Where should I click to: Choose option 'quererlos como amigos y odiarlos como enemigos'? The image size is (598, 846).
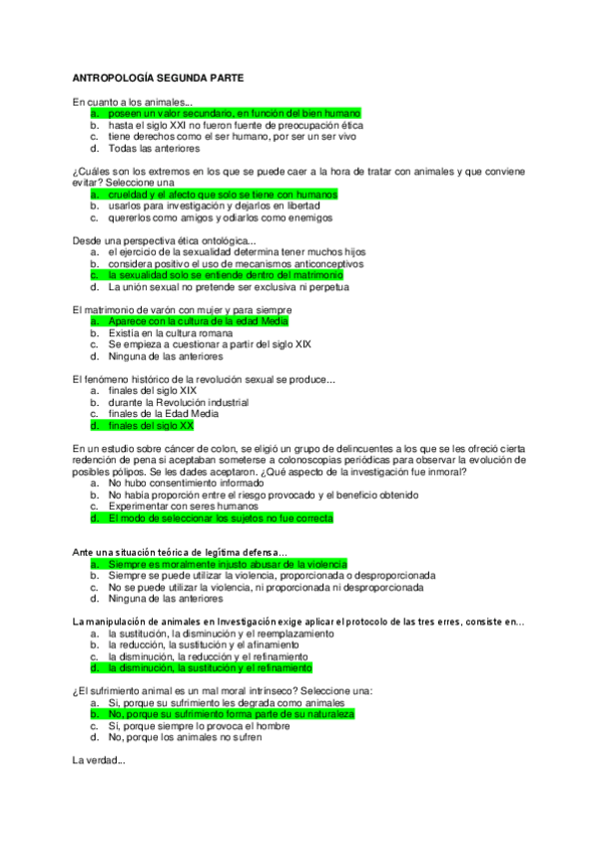pos(221,217)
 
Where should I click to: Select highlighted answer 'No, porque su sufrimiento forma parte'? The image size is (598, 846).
pos(231,715)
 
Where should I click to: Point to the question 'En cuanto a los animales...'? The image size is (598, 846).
pos(133,102)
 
